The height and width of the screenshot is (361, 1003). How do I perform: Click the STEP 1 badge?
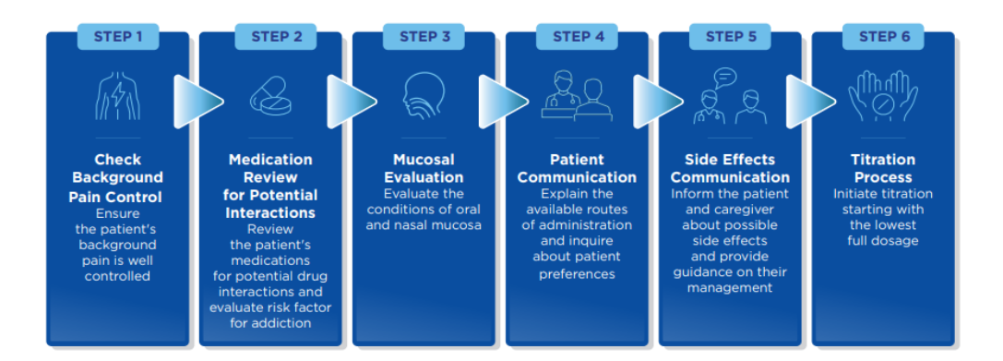(118, 37)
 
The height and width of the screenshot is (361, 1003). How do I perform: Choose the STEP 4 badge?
(578, 37)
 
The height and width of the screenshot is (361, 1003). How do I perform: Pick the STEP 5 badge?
(731, 37)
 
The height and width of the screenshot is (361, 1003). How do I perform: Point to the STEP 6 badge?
(883, 37)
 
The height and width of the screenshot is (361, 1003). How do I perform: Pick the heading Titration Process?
(883, 168)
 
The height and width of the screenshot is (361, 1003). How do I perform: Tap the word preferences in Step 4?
(577, 273)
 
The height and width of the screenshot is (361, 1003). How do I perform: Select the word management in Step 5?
(730, 288)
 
